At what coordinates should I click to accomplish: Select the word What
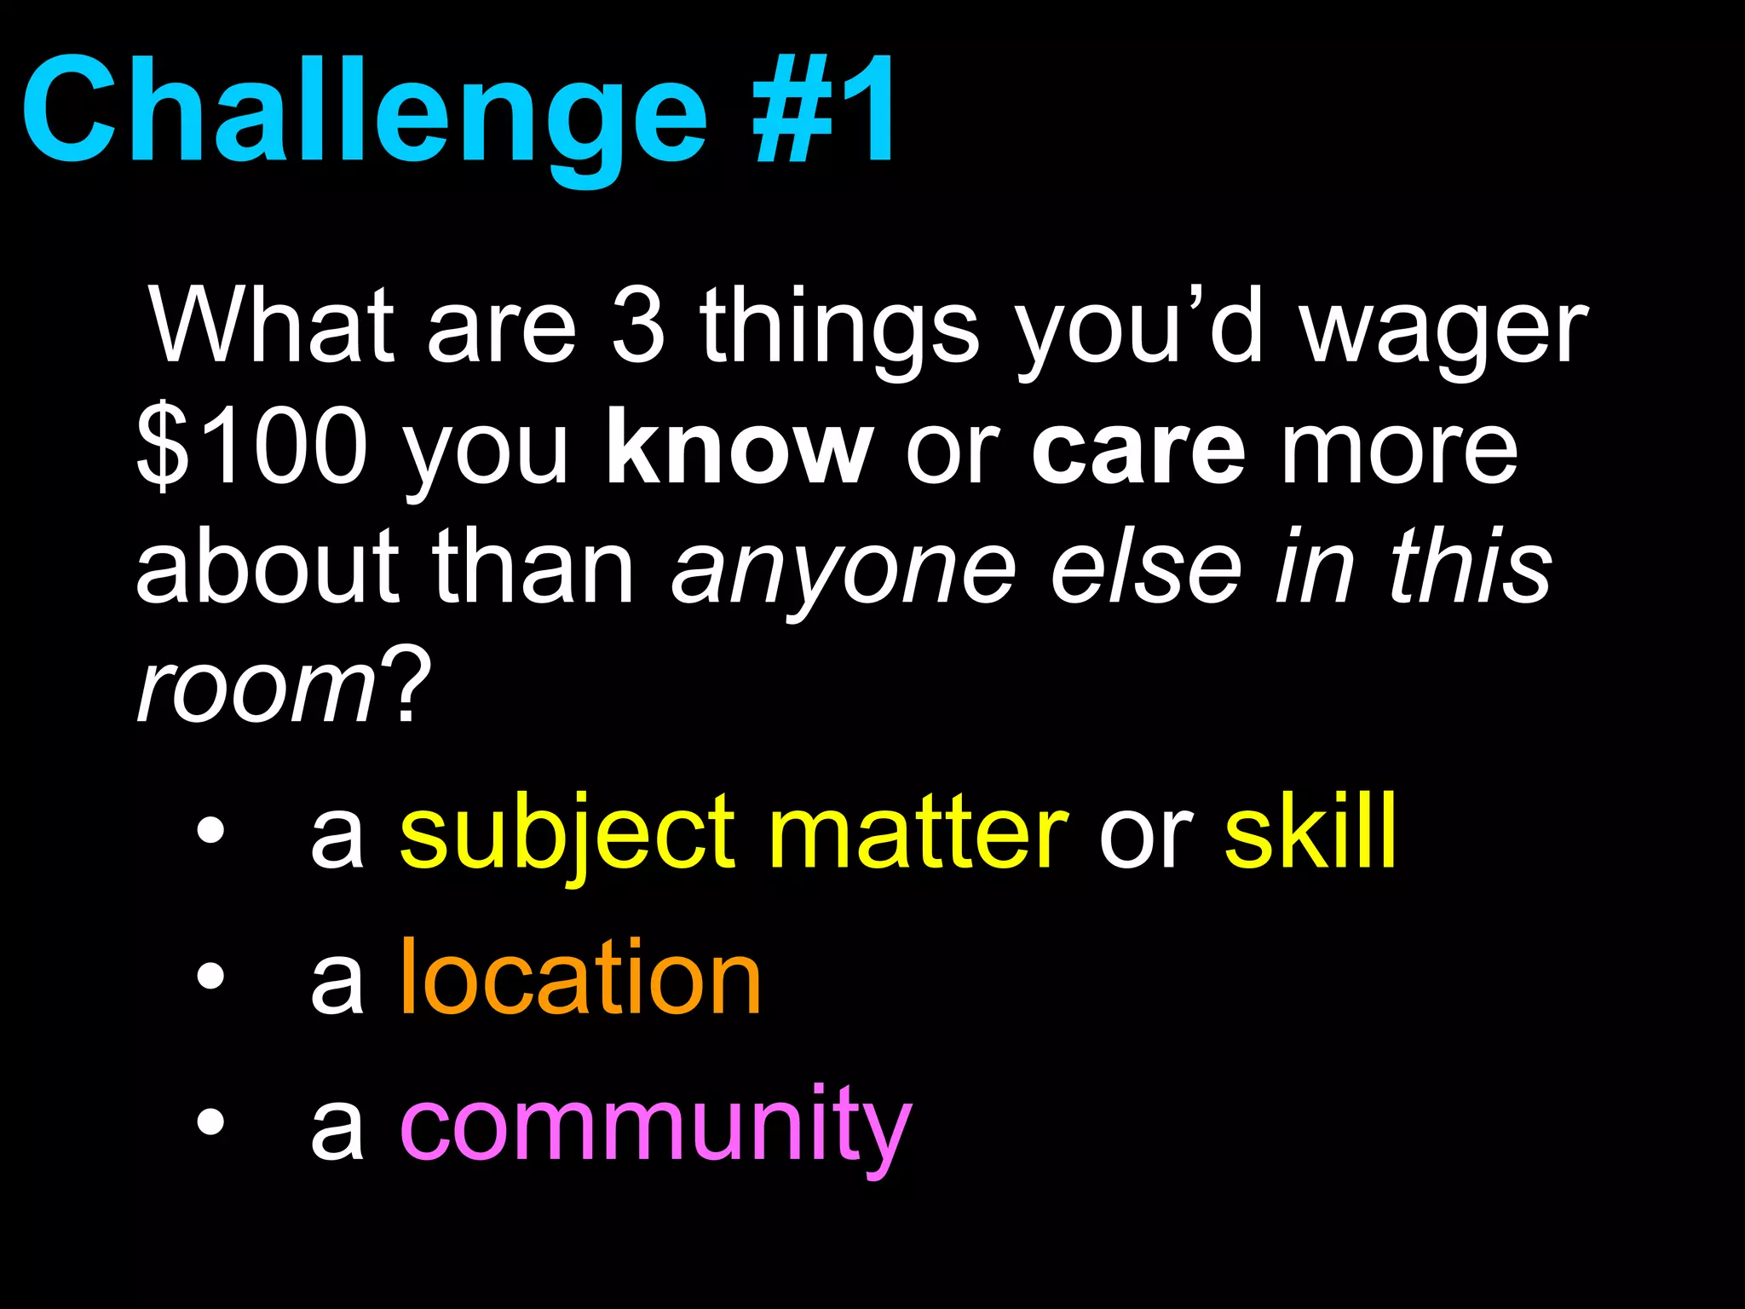pos(271,326)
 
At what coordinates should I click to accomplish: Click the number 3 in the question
pos(638,326)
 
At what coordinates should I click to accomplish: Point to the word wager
pos(1443,332)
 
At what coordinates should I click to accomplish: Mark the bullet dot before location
pos(210,977)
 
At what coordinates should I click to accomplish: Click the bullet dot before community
pos(210,1123)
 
